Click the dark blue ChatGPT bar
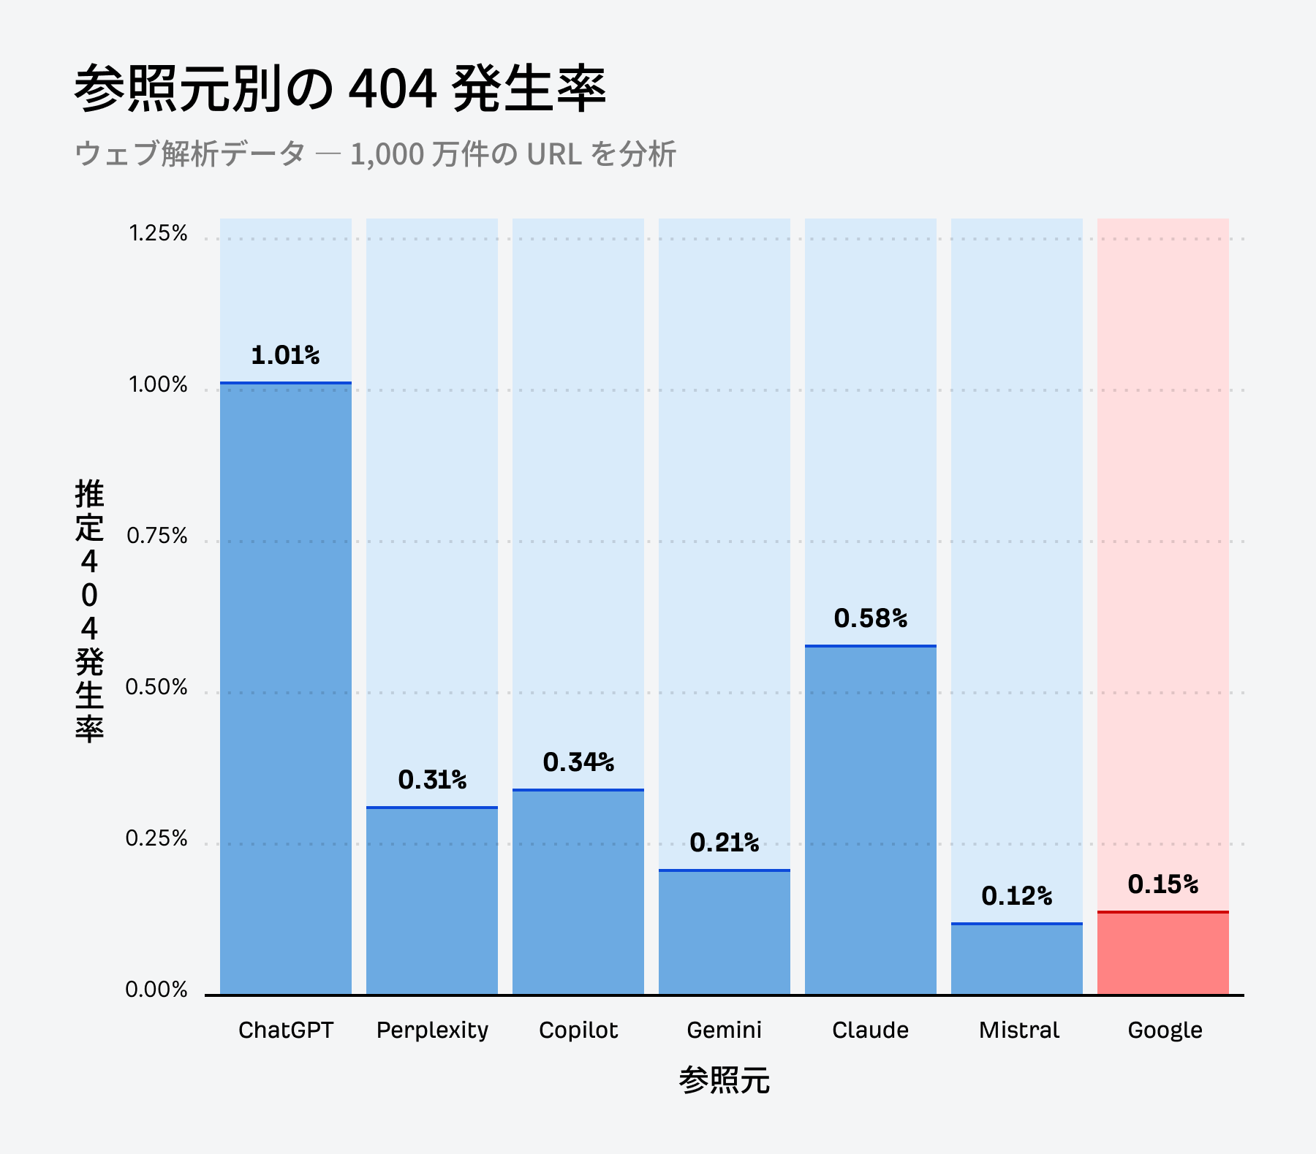pyautogui.click(x=285, y=687)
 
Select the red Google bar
pyautogui.click(x=1162, y=953)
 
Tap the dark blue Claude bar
pyautogui.click(x=870, y=819)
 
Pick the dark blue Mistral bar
pyautogui.click(x=1016, y=959)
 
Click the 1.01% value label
pyautogui.click(x=285, y=356)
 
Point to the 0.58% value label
pyautogui.click(x=870, y=619)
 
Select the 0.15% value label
pyautogui.click(x=1162, y=885)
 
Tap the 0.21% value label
pyautogui.click(x=724, y=843)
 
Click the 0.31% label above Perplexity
pyautogui.click(x=432, y=781)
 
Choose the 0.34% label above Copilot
pyautogui.click(x=578, y=763)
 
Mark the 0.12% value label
pyautogui.click(x=1016, y=896)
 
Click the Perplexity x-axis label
pyautogui.click(x=432, y=1030)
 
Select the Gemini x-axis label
pyautogui.click(x=724, y=1030)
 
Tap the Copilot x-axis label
pyautogui.click(x=578, y=1030)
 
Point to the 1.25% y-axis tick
pyautogui.click(x=158, y=234)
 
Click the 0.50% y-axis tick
pyautogui.click(x=156, y=688)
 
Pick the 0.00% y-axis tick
pyautogui.click(x=156, y=990)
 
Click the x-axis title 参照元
pyautogui.click(x=724, y=1080)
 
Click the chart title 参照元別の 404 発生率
pyautogui.click(x=340, y=89)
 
